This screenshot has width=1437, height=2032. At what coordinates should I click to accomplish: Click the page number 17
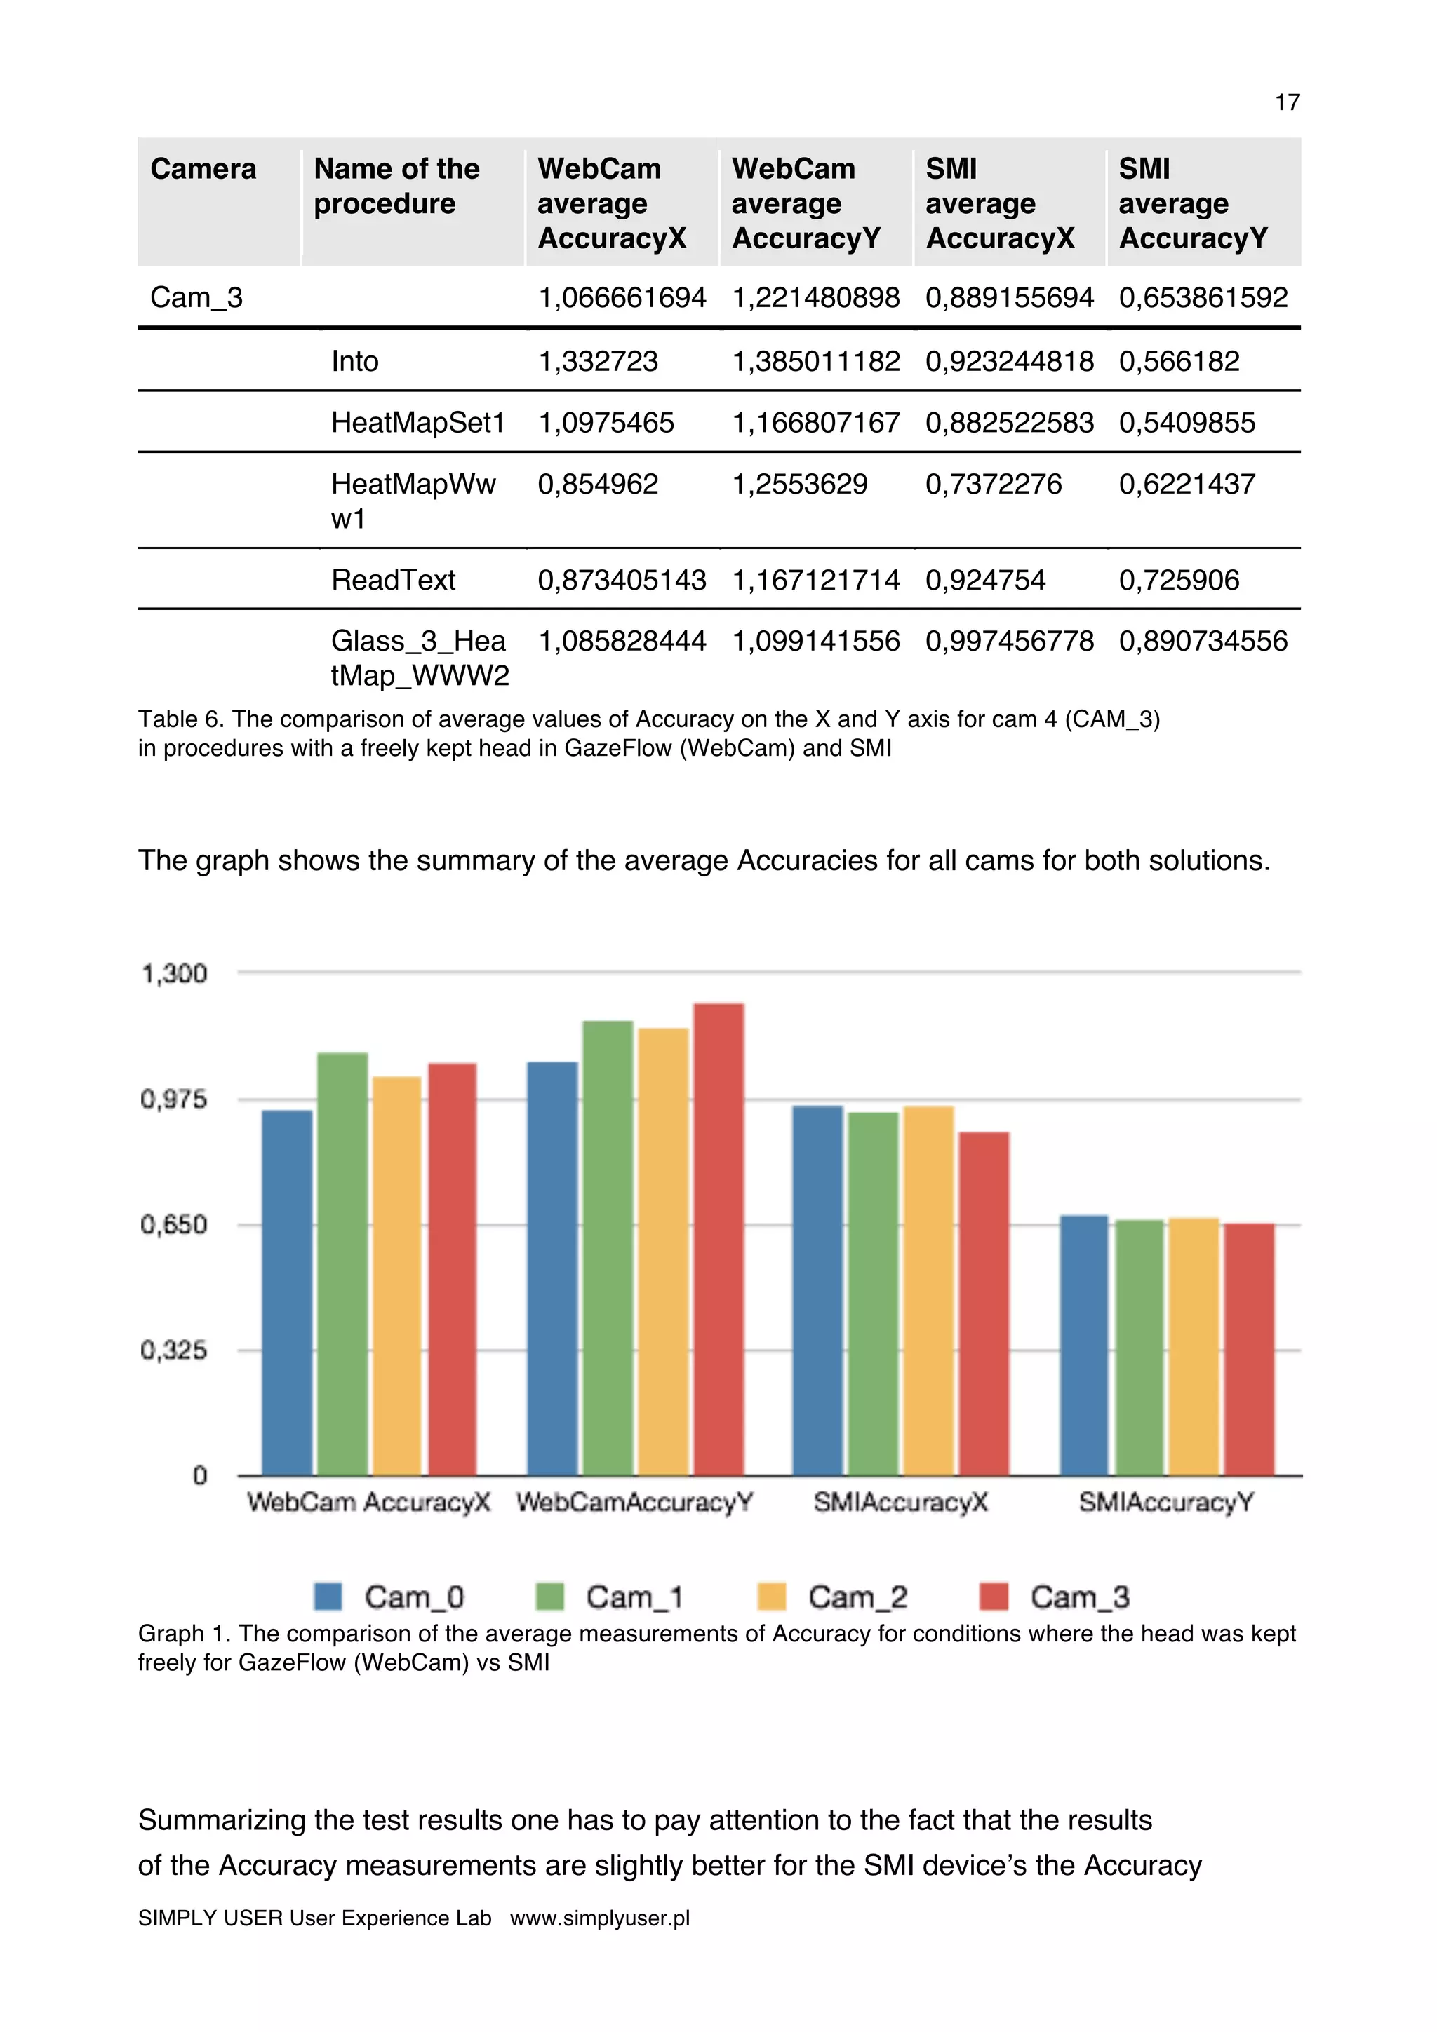(1286, 102)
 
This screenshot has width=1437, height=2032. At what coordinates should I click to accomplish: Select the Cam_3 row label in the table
(196, 297)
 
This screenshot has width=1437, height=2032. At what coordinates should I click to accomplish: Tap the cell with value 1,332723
(598, 361)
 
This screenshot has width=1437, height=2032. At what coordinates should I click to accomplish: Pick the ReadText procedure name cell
(393, 580)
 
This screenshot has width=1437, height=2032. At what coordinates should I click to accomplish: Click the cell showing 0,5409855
(1187, 422)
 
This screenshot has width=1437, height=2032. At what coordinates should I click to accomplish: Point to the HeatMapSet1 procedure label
(418, 422)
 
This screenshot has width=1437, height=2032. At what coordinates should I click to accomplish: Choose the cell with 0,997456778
(1010, 641)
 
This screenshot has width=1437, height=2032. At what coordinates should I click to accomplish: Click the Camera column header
(203, 169)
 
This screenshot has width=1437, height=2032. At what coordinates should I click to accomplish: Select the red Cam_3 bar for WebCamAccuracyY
(718, 1239)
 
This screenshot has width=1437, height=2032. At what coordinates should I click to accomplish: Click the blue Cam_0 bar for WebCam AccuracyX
(287, 1292)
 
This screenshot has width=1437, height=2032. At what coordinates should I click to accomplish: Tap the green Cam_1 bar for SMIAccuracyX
(872, 1292)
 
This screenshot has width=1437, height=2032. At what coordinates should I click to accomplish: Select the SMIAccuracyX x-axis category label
(900, 1502)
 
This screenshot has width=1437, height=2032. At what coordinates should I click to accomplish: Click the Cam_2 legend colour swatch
(771, 1597)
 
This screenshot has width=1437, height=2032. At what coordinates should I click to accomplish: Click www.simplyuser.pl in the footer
(599, 1918)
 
